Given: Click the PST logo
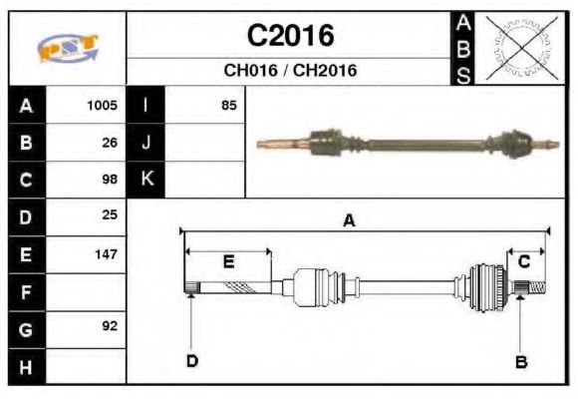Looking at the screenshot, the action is [x=68, y=48].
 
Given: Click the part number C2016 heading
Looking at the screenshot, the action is [x=290, y=36].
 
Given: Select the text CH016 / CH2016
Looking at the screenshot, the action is [x=290, y=70].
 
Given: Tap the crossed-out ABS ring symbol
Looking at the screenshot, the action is [x=521, y=48].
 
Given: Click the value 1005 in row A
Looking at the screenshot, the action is [x=102, y=106].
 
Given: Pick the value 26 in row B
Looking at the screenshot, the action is [x=110, y=143].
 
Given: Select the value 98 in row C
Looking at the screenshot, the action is [x=110, y=180].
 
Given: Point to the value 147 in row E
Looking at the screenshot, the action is [x=107, y=254].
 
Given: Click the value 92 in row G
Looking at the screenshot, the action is [x=110, y=326].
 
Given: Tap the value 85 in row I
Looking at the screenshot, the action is [x=229, y=106].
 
